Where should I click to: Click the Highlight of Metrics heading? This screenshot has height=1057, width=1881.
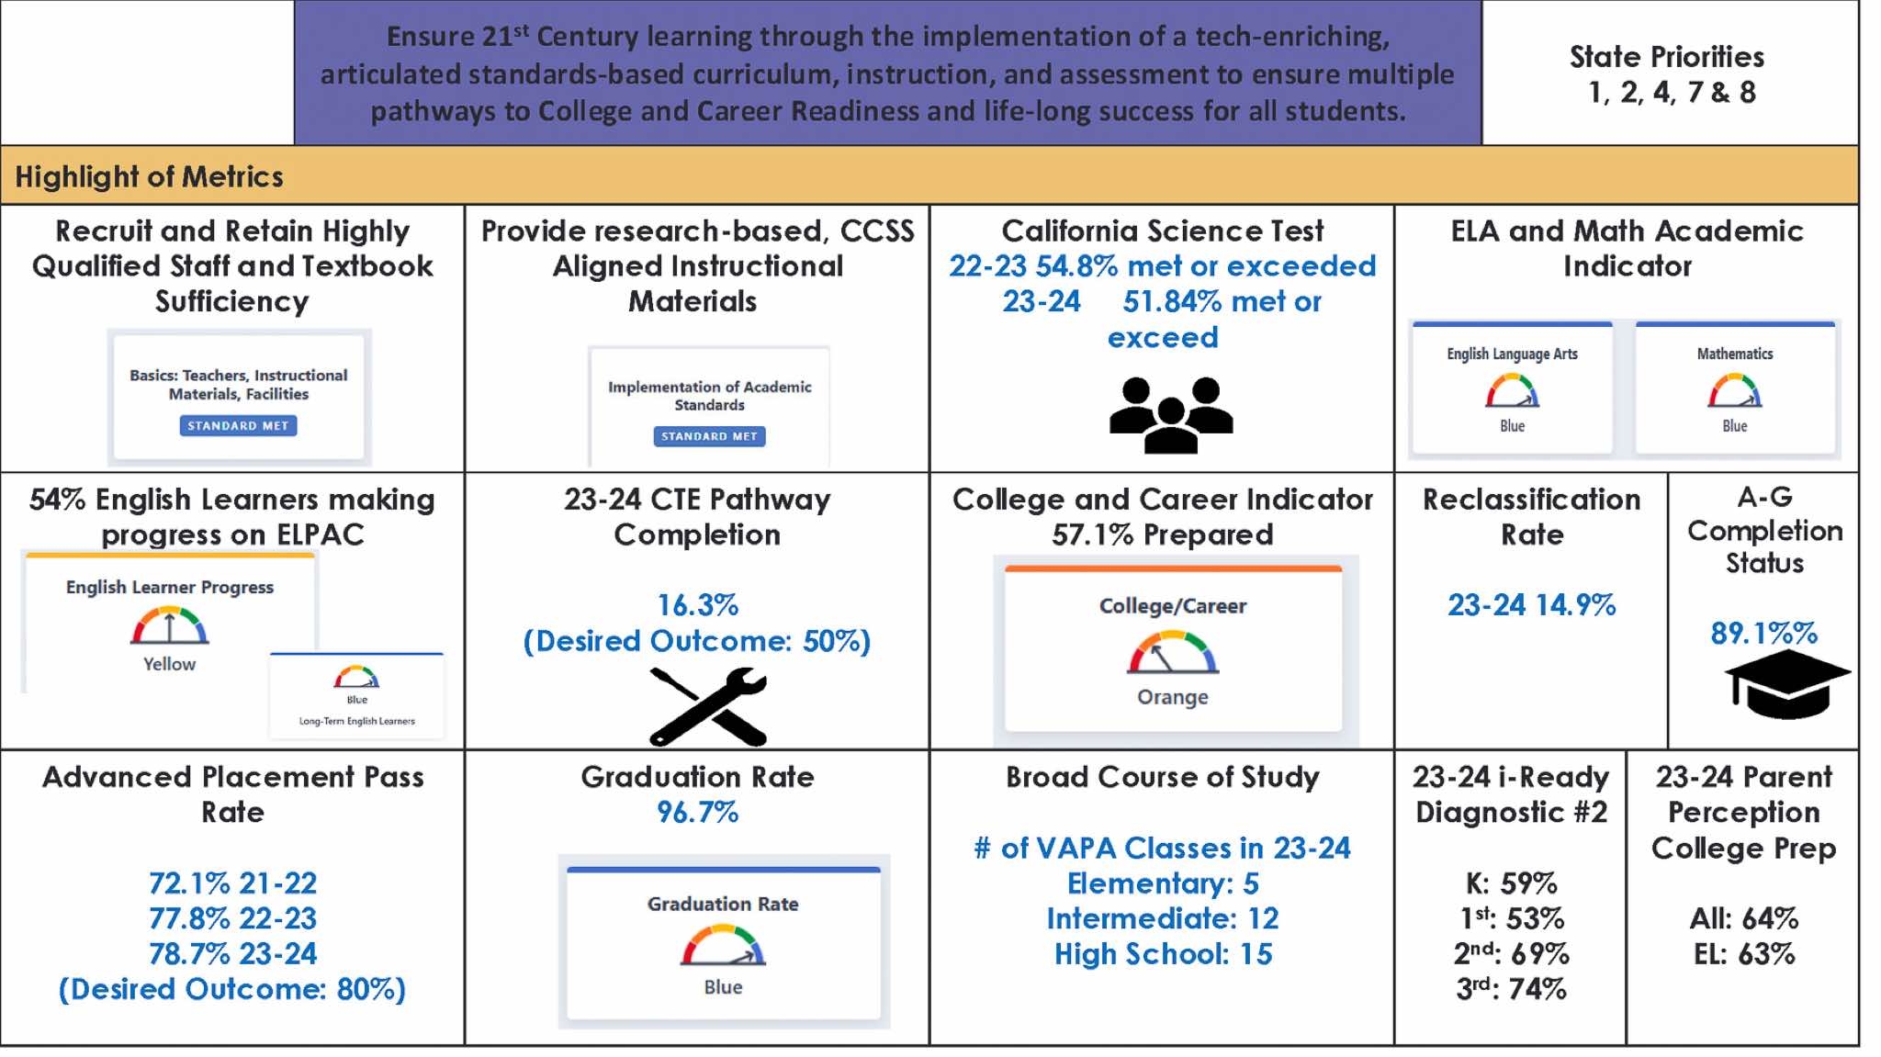[x=149, y=176]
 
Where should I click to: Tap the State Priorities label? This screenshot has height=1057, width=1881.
[x=1666, y=57]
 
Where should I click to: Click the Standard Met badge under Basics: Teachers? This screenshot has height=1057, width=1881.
[x=238, y=425]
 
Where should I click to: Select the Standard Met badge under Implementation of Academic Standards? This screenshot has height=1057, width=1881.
[x=709, y=436]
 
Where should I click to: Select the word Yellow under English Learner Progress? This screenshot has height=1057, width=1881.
[x=169, y=664]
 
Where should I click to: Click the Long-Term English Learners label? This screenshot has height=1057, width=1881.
[x=356, y=721]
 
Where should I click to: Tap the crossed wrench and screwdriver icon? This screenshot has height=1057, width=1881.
[x=708, y=705]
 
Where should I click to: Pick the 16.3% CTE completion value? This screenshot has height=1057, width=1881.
[x=697, y=605]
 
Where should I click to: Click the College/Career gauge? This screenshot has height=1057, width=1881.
[x=1173, y=652]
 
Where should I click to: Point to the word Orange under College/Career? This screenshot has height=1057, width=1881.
[x=1173, y=697]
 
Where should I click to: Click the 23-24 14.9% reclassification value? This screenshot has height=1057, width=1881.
[x=1531, y=605]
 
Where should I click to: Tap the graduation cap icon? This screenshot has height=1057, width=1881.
[x=1786, y=684]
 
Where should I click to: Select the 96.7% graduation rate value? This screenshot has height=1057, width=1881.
[x=697, y=813]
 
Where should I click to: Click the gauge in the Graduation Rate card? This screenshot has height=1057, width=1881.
[x=723, y=946]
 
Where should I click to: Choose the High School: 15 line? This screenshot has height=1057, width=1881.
[x=1163, y=954]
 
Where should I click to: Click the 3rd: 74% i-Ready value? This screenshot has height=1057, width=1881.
[x=1511, y=989]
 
